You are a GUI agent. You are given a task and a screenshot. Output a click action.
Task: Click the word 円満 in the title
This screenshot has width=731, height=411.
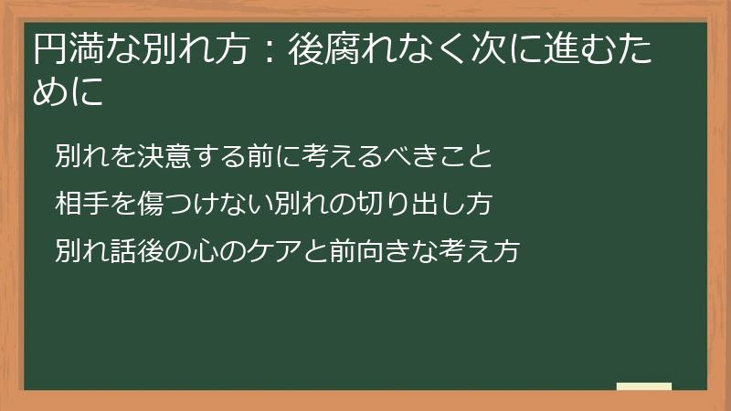pyautogui.click(x=65, y=49)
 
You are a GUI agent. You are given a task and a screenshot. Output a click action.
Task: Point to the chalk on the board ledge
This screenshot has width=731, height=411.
pyautogui.click(x=643, y=386)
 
